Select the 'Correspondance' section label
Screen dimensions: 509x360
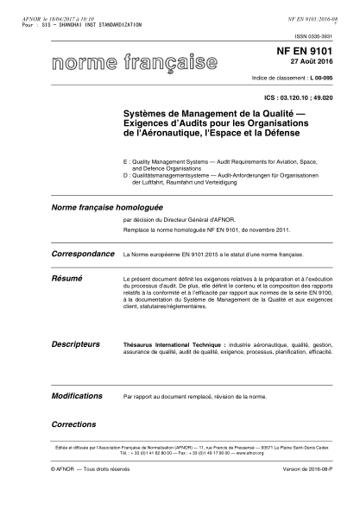pos(83,255)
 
